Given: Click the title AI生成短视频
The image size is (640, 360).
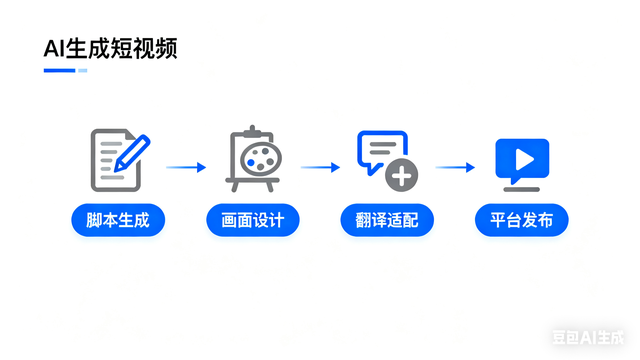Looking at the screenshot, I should click(x=111, y=49).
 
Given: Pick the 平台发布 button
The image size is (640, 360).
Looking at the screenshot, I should click(x=522, y=220).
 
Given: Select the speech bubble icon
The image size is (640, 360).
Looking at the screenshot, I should click(x=383, y=152).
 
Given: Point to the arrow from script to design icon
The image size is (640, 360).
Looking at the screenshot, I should click(x=185, y=167).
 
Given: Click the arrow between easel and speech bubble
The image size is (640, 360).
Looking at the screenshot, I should click(x=321, y=167).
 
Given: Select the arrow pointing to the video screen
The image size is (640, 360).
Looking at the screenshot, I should click(x=455, y=167).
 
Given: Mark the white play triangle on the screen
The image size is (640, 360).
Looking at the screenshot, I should click(x=522, y=158).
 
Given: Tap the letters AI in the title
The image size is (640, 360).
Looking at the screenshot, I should click(x=54, y=49).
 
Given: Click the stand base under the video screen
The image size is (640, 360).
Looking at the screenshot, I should click(x=522, y=187).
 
